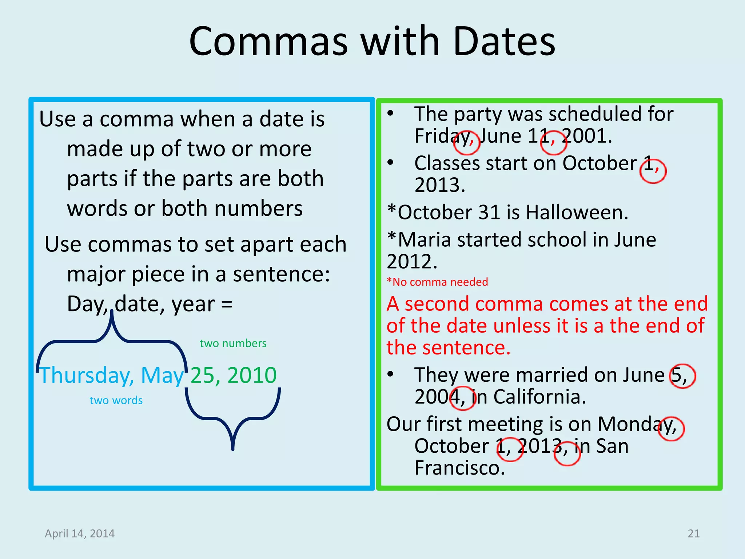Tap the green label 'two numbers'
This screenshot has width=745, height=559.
click(233, 343)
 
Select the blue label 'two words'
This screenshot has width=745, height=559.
click(116, 400)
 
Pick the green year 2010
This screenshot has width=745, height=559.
click(252, 375)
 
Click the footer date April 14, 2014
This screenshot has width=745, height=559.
click(80, 534)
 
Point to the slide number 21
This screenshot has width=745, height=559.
click(694, 534)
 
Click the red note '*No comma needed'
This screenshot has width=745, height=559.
click(437, 282)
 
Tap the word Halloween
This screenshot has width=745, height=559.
click(577, 213)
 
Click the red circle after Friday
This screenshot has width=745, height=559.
click(467, 143)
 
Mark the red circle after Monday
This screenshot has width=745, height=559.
click(672, 429)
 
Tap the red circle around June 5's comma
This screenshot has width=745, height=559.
click(682, 376)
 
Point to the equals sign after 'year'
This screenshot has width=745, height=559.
click(227, 304)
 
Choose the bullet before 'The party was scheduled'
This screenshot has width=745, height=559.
click(390, 114)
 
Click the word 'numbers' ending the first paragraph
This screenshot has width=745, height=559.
click(258, 209)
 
